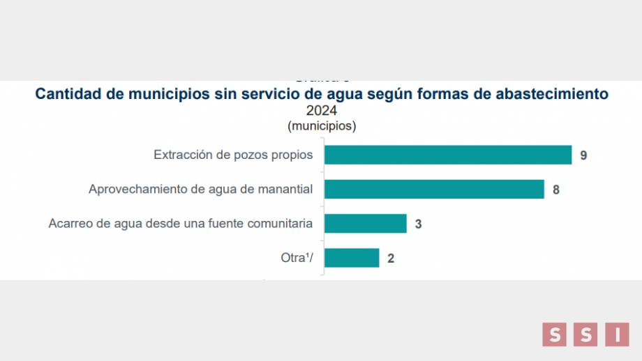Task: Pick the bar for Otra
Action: [352, 258]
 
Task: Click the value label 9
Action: [583, 155]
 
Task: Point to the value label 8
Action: [556, 190]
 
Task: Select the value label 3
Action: [418, 224]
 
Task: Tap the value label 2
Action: [391, 259]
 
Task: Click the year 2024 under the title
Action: [322, 111]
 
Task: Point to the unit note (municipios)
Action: [322, 126]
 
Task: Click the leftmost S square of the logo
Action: [555, 334]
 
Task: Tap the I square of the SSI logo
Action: [618, 334]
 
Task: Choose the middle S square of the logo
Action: [586, 334]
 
